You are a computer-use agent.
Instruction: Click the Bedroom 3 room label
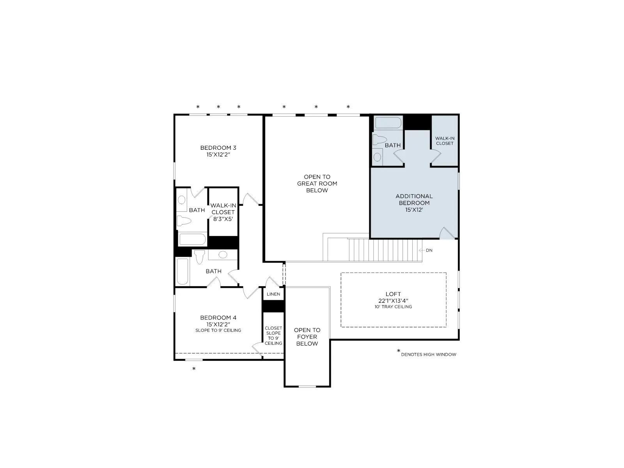pyautogui.click(x=218, y=148)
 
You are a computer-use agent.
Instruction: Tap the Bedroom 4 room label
pyautogui.click(x=218, y=318)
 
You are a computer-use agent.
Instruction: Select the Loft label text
pyautogui.click(x=393, y=294)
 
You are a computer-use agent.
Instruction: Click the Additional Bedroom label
pyautogui.click(x=414, y=199)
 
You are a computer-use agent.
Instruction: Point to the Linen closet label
pyautogui.click(x=273, y=294)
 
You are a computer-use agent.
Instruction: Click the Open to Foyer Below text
pyautogui.click(x=307, y=337)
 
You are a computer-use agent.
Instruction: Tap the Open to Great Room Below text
pyautogui.click(x=317, y=184)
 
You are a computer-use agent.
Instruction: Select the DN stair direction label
pyautogui.click(x=429, y=250)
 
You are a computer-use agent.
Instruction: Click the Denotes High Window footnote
pyautogui.click(x=428, y=355)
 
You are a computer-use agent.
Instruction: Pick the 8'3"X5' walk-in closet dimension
pyautogui.click(x=223, y=219)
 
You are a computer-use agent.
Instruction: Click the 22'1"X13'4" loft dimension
pyautogui.click(x=393, y=301)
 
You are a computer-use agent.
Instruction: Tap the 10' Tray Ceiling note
pyautogui.click(x=393, y=307)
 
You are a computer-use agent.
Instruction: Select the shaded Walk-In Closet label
pyautogui.click(x=445, y=141)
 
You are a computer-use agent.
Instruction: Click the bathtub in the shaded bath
pyautogui.click(x=388, y=123)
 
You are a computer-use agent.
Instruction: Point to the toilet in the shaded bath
pyautogui.click(x=380, y=140)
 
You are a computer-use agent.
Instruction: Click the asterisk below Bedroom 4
pyautogui.click(x=194, y=369)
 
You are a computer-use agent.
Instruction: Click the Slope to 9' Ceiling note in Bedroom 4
pyautogui.click(x=218, y=330)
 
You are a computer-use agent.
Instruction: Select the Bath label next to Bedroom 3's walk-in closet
pyautogui.click(x=197, y=210)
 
